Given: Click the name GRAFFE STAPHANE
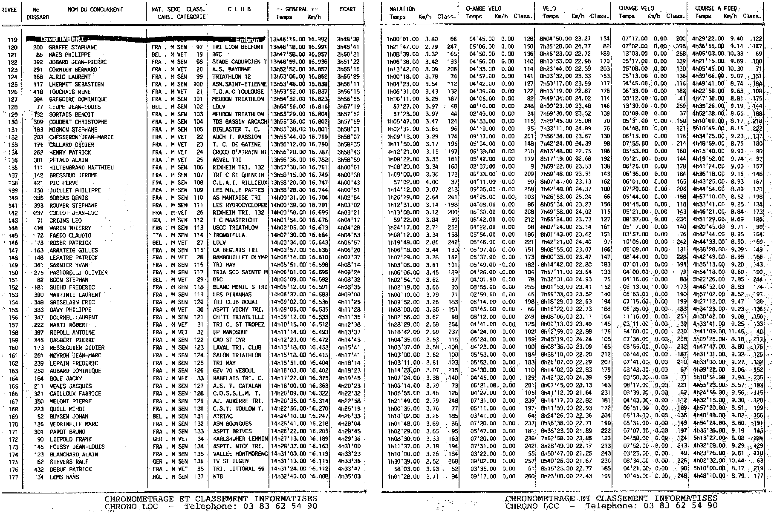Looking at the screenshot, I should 72,47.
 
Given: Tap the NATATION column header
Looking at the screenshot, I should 402,9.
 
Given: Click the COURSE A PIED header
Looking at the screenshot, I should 716,8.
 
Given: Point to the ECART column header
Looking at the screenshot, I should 348,9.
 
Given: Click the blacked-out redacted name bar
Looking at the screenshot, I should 145,39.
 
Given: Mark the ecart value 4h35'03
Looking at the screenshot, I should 349,477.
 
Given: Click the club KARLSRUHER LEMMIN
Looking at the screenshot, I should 240,439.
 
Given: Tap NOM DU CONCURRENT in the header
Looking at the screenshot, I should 95,9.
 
